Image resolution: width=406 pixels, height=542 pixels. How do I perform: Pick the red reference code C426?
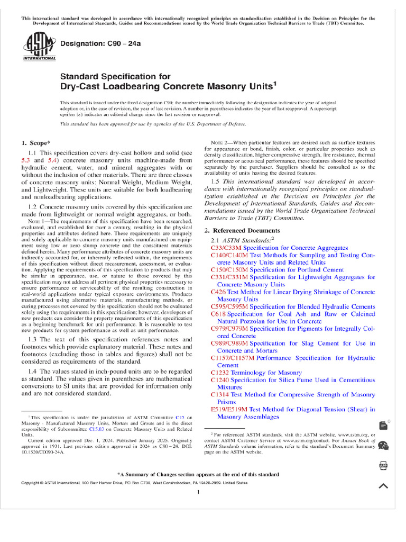(218, 292)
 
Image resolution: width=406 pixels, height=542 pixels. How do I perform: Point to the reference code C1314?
(220, 394)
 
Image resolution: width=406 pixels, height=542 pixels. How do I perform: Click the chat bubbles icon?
(383, 446)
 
